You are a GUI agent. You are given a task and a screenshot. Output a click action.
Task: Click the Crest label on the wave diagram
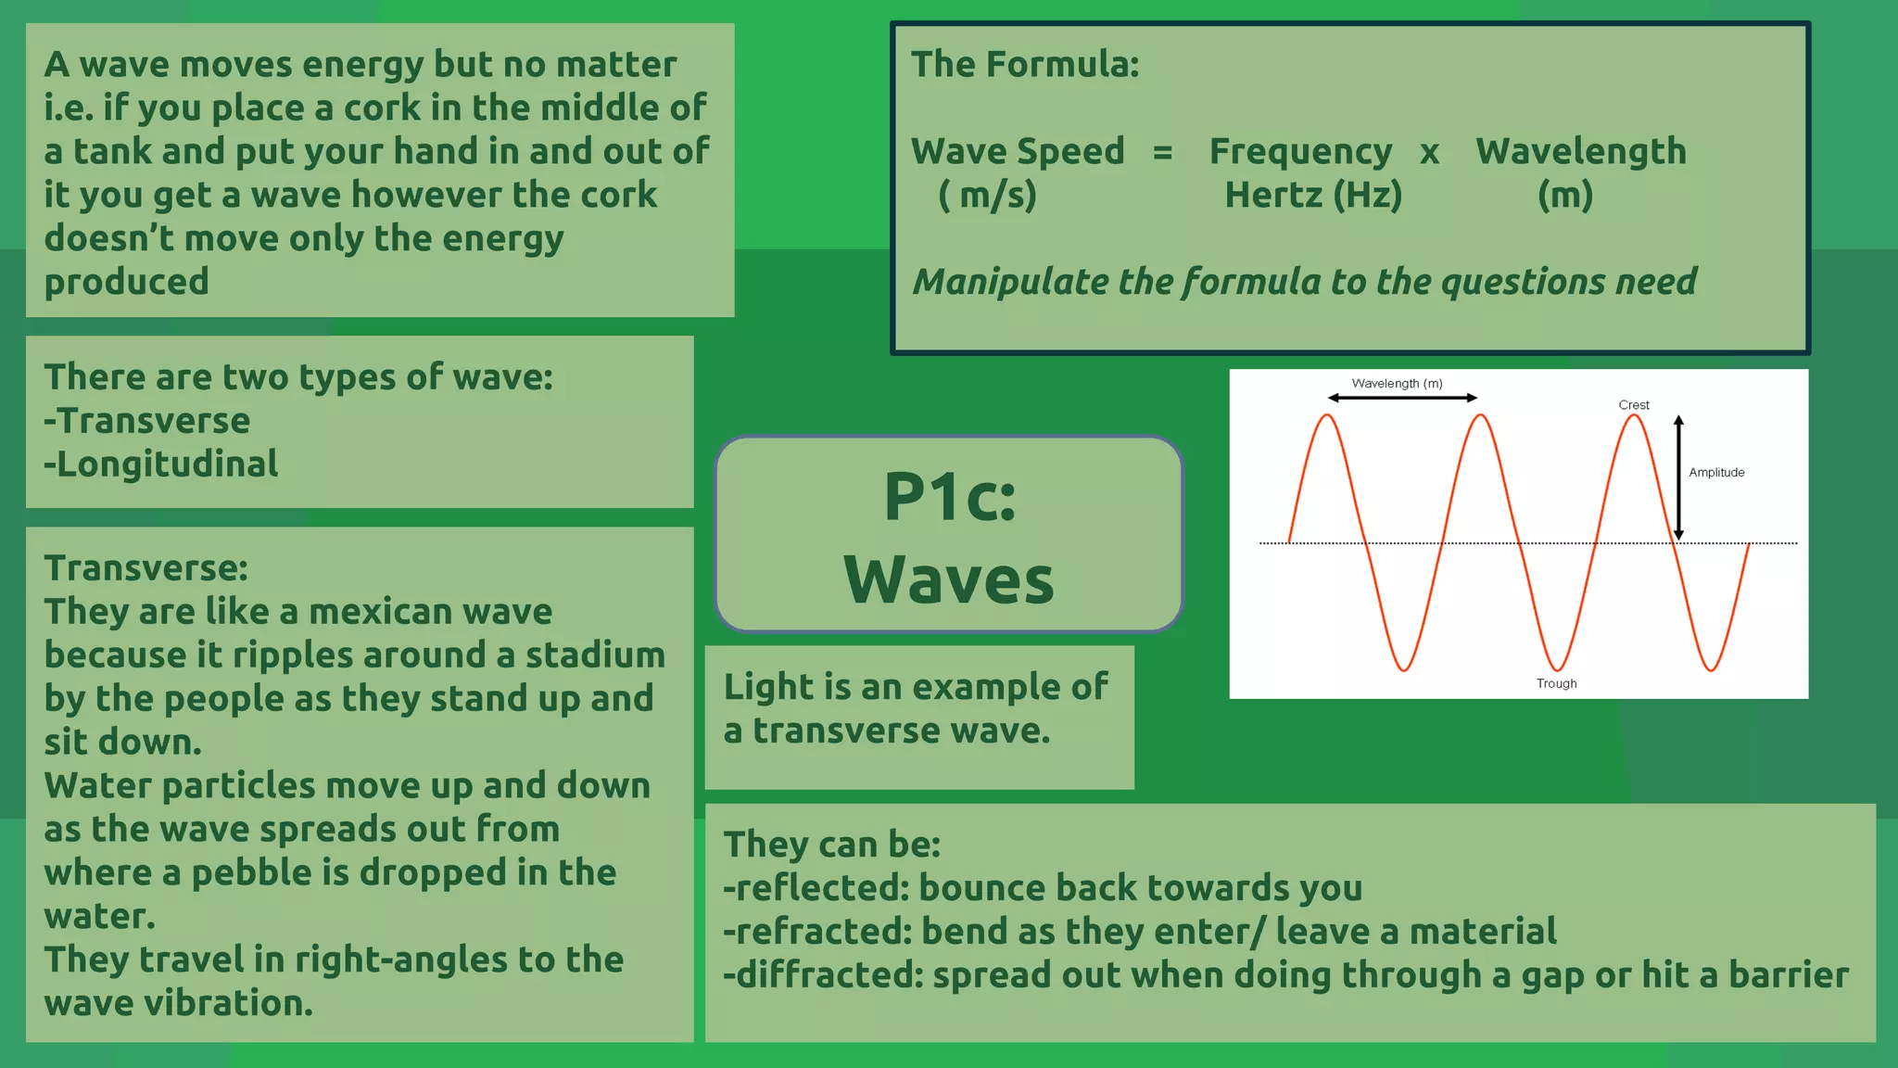(x=1633, y=405)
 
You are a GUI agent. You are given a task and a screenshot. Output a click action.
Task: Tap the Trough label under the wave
(x=1556, y=683)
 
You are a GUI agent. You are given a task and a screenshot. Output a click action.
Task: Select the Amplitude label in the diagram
(x=1716, y=472)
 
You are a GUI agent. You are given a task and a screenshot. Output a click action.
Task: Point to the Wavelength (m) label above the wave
(x=1397, y=383)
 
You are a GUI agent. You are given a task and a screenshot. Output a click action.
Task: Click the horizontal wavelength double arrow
(x=1402, y=398)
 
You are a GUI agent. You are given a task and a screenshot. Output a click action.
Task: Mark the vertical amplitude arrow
(x=1678, y=477)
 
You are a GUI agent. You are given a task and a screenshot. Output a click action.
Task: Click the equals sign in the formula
(x=1162, y=151)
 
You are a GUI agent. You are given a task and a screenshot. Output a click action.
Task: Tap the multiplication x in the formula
(x=1430, y=151)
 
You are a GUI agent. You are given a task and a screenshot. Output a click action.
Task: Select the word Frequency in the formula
(x=1300, y=151)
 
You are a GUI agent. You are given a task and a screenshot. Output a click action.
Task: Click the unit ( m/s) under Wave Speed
(x=987, y=196)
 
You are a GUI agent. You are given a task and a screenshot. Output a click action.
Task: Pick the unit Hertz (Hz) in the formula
(x=1313, y=196)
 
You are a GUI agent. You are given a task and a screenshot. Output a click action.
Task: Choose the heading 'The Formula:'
(x=1025, y=64)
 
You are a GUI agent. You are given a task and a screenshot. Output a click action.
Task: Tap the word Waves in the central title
(x=949, y=579)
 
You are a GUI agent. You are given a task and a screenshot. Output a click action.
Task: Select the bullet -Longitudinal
(x=161, y=464)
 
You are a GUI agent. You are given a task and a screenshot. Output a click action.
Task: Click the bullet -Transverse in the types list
(x=147, y=420)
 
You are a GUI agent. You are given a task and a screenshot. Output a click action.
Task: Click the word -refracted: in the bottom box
(x=816, y=931)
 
